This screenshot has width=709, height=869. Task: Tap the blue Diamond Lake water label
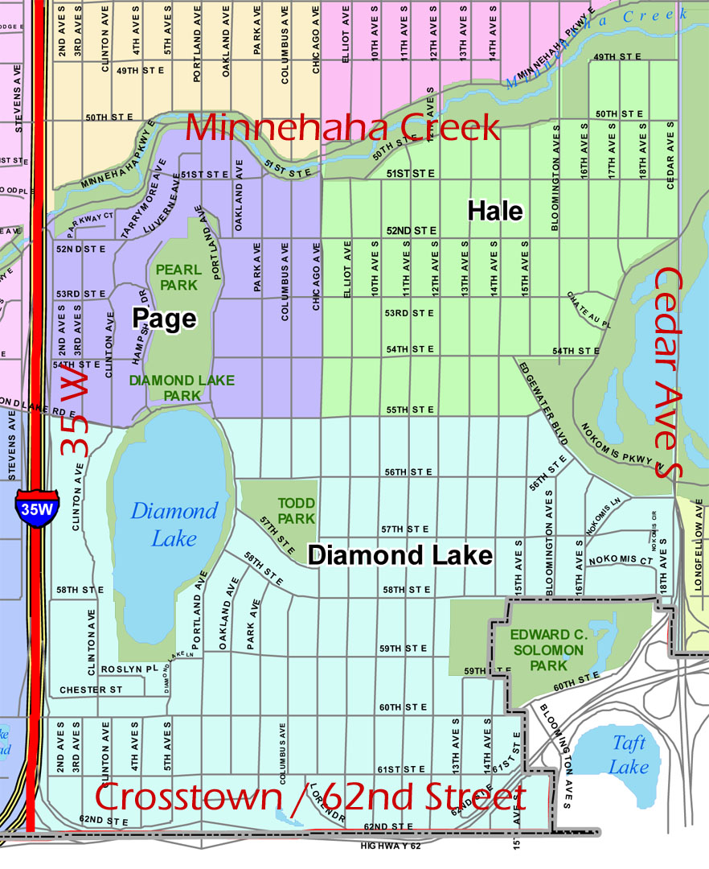pos(174,525)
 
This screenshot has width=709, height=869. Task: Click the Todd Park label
pos(296,511)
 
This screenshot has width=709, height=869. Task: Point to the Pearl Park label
pos(178,277)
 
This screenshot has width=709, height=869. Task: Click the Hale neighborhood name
pos(495,212)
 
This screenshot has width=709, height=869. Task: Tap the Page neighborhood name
pos(164,319)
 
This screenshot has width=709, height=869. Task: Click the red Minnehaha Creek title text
pos(343,129)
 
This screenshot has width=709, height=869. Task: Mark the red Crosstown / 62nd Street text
pos(310,798)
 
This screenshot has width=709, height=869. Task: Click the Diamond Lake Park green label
pos(182,387)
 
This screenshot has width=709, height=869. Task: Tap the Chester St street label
pos(91,690)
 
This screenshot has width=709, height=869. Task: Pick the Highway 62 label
pos(391,845)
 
